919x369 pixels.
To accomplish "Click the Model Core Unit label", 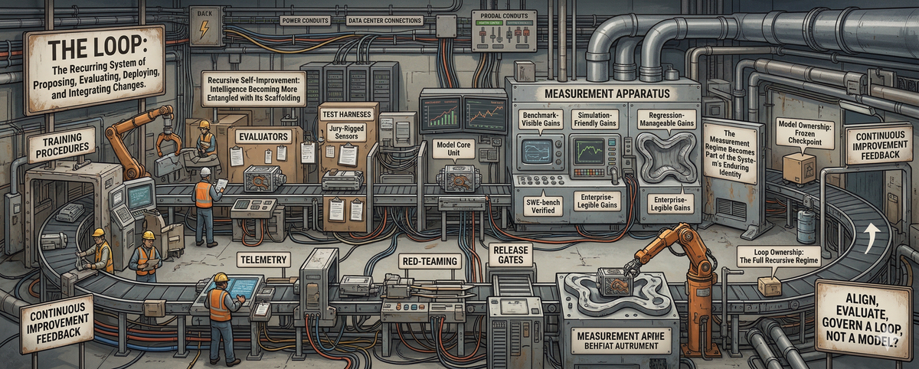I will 452,147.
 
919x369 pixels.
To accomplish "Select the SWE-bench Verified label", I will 539,204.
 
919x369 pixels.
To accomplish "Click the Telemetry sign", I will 264,260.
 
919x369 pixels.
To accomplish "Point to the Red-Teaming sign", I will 430,261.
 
